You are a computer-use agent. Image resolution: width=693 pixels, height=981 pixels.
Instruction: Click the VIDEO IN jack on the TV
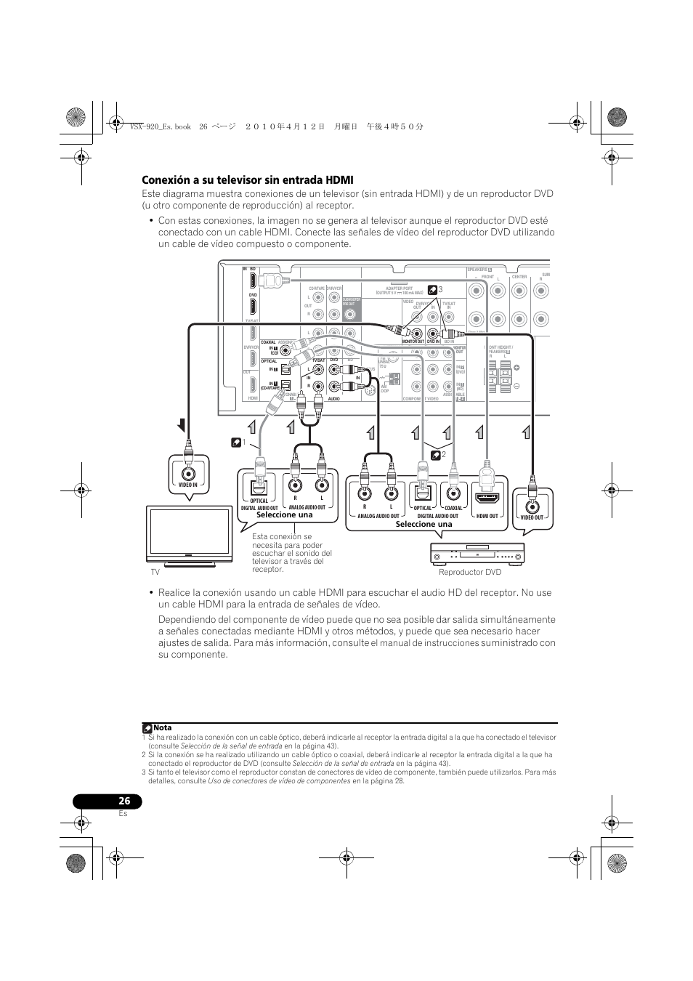[188, 469]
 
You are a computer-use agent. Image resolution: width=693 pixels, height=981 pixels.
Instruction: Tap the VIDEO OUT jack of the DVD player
[532, 503]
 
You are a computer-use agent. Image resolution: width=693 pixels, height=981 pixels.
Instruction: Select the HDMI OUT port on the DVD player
[487, 498]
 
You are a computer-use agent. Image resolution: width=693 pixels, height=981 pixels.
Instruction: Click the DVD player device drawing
[477, 555]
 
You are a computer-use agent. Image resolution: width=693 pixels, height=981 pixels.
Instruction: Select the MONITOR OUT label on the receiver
[413, 342]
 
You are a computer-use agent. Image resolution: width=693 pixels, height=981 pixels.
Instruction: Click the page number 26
[125, 801]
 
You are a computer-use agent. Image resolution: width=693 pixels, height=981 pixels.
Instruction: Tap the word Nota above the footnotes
[163, 727]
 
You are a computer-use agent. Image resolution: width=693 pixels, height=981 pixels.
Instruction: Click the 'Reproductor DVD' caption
[470, 573]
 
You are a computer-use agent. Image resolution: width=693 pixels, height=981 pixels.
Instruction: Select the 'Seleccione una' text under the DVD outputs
[423, 524]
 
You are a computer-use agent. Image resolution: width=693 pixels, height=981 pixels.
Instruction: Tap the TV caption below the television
[155, 573]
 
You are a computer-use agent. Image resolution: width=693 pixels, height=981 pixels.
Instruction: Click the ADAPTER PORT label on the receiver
[399, 288]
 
